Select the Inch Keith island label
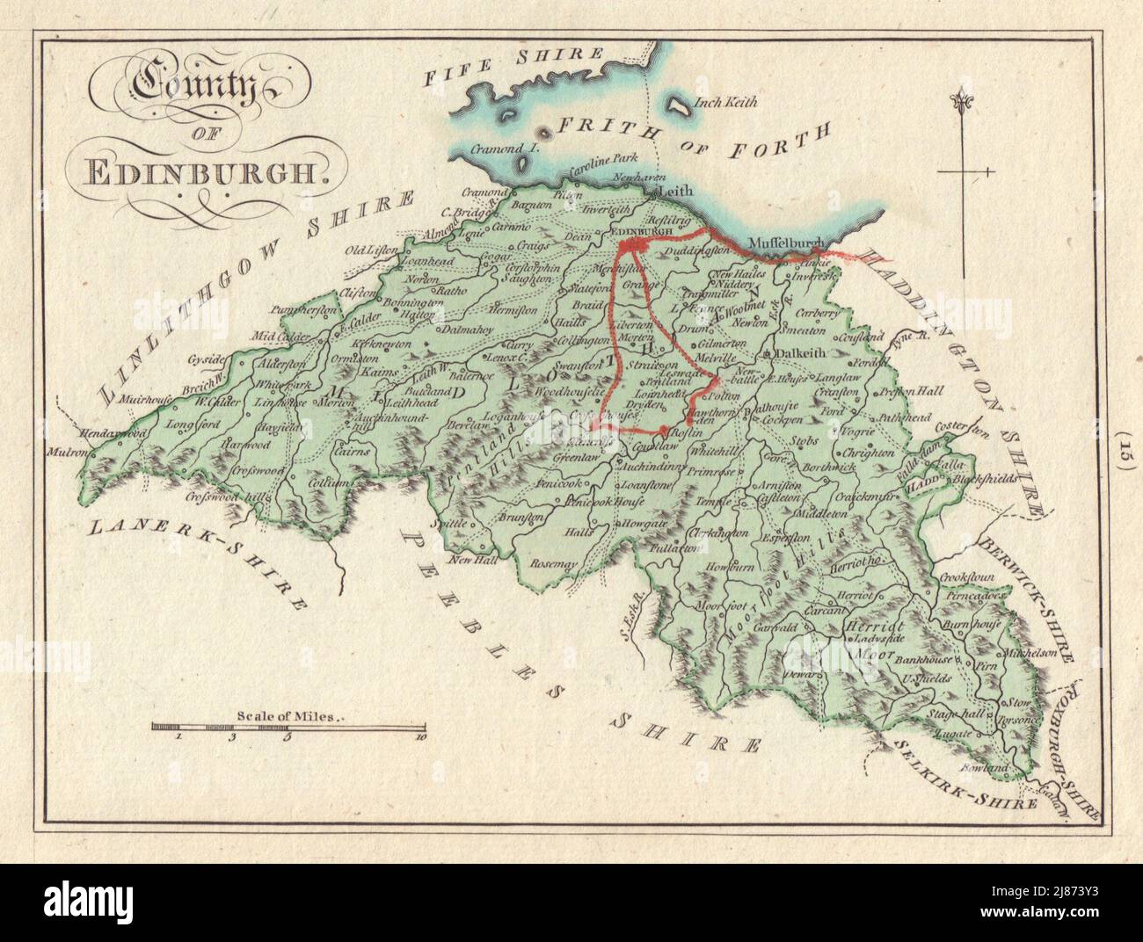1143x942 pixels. (x=726, y=101)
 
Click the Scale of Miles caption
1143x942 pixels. (x=287, y=716)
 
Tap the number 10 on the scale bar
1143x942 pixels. (x=421, y=738)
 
